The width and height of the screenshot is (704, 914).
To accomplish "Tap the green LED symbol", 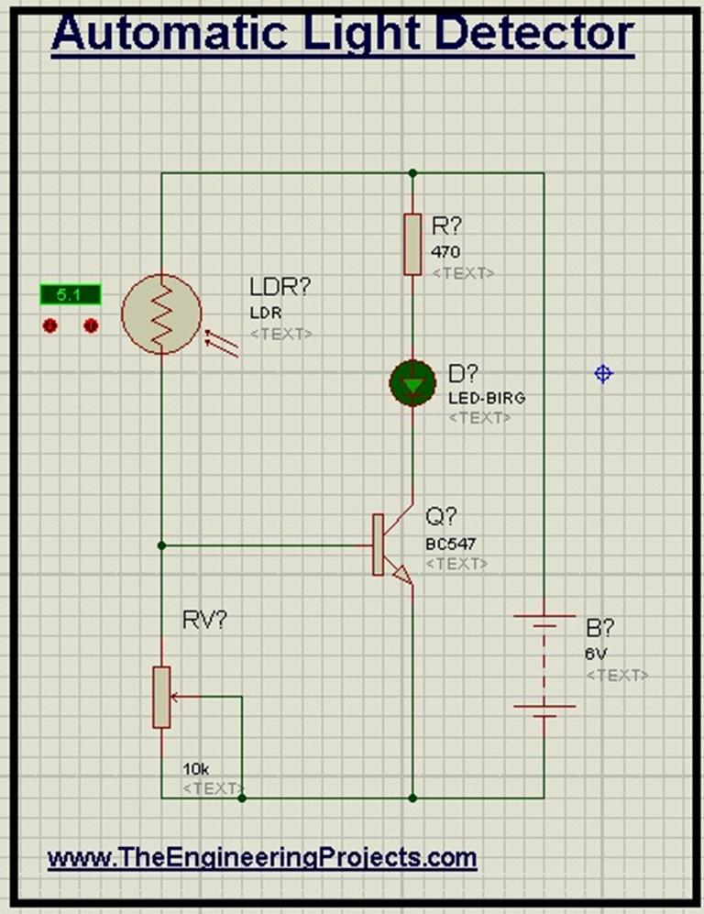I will (x=413, y=383).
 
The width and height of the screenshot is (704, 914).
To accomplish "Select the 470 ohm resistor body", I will (x=412, y=244).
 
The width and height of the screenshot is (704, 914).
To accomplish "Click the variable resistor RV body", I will (x=161, y=697).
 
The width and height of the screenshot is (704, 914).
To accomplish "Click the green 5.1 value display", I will (x=69, y=295).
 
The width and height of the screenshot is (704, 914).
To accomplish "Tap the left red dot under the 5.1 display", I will (x=50, y=325).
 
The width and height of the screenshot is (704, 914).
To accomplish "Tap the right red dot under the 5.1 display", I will (x=91, y=325).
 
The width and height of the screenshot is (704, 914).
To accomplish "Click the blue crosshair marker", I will (x=602, y=373).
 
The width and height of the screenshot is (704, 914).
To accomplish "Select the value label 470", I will (x=445, y=252).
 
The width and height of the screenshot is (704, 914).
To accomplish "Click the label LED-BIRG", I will (x=486, y=398).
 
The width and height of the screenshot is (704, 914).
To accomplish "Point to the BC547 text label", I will (x=450, y=544).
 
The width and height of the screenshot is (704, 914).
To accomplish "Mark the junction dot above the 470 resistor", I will (x=412, y=172).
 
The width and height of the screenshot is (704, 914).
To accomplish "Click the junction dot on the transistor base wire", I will (x=161, y=545).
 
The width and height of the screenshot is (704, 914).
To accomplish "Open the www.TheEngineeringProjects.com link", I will (x=262, y=858).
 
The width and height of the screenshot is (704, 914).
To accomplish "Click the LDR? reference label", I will (x=280, y=287).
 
